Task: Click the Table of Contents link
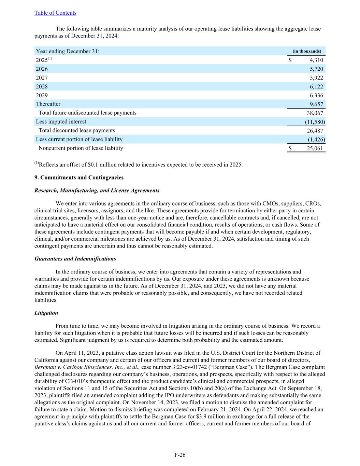click(55, 13)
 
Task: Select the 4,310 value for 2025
click(316, 60)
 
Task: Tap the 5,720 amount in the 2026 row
click(316, 69)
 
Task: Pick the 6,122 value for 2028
click(316, 87)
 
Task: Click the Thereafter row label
click(48, 104)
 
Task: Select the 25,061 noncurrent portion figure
click(315, 149)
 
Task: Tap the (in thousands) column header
click(307, 51)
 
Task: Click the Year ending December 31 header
click(68, 51)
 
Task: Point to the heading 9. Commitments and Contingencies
click(79, 178)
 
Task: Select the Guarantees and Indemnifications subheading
click(75, 259)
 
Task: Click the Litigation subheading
click(46, 313)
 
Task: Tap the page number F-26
click(180, 455)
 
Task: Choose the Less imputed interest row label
click(61, 122)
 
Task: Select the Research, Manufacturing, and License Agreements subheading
click(97, 190)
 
